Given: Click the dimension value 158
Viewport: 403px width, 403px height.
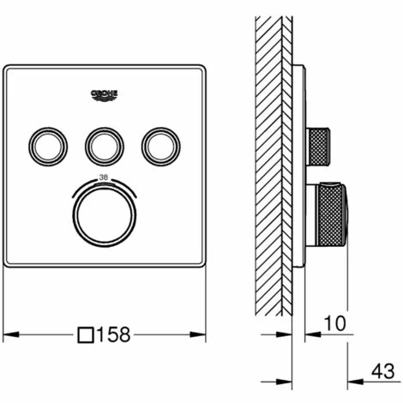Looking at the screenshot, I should [115, 334].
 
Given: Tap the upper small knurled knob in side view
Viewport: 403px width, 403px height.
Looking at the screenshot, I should [320, 146].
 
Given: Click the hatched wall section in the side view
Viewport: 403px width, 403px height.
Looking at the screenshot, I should [275, 171].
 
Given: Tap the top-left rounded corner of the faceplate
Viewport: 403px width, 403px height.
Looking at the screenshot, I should [9, 69].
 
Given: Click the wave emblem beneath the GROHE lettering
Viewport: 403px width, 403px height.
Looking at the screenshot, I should [105, 100].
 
